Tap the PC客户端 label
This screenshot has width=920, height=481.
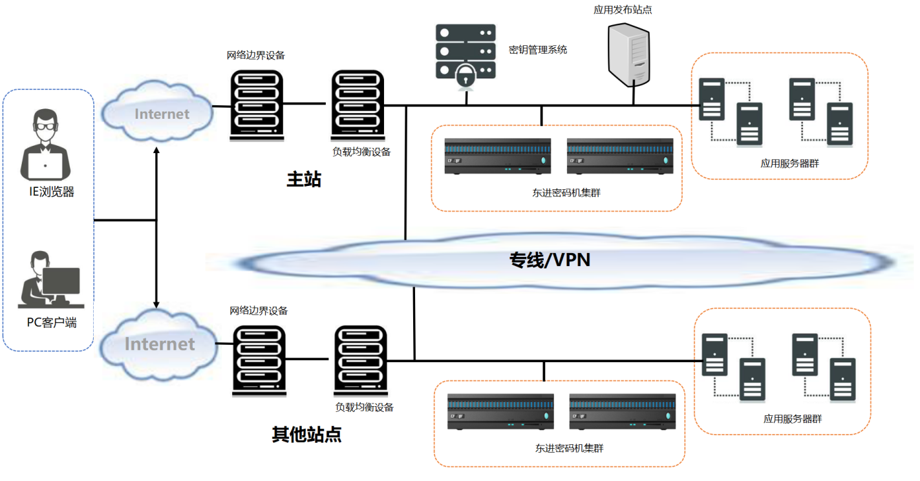tap(52, 322)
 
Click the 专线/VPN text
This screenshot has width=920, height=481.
tap(550, 260)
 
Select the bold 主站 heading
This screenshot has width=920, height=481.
tap(304, 179)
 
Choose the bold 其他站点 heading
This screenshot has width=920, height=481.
tap(306, 435)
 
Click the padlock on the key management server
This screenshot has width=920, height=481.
tap(465, 76)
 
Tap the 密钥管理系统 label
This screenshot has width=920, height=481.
tap(538, 49)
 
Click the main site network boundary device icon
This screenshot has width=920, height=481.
tap(257, 105)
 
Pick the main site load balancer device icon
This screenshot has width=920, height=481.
tap(358, 105)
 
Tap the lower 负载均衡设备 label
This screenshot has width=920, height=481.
tap(364, 407)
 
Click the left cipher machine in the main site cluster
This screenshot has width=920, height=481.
tap(498, 156)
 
